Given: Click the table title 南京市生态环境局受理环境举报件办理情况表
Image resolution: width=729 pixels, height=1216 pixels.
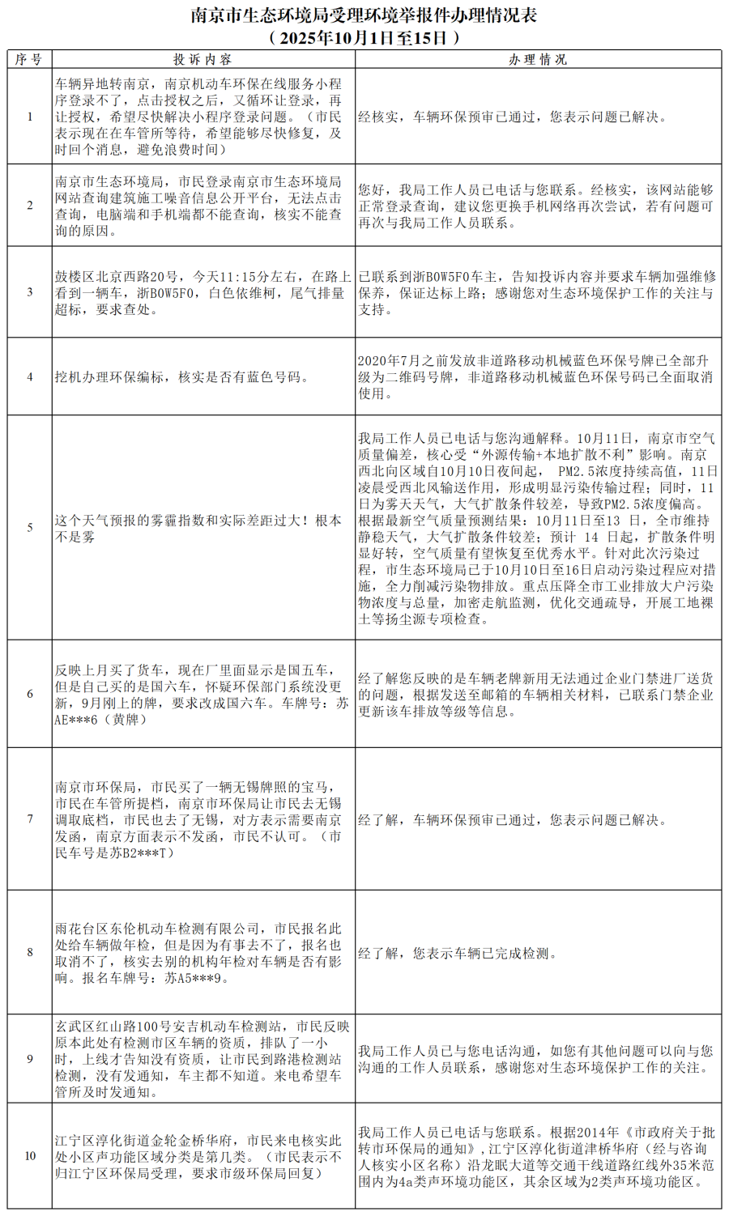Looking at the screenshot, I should coord(364,15).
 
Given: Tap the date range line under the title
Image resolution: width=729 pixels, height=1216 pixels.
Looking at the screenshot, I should coord(364,37).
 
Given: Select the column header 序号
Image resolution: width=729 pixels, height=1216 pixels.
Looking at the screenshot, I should coord(29,59).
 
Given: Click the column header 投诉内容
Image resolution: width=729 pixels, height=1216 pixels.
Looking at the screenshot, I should coord(202,59).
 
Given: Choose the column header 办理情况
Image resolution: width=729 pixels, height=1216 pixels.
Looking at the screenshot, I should coord(538,59).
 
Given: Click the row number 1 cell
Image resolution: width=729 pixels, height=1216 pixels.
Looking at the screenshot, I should coord(30,117).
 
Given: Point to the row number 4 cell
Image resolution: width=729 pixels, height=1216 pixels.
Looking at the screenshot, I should coord(30,376).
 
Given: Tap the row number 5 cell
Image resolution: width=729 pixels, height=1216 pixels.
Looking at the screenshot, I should coord(30,528).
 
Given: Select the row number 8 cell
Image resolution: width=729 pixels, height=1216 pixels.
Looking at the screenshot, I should coord(30,952).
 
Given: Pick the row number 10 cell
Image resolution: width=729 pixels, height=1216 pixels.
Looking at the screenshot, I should coord(30,1156).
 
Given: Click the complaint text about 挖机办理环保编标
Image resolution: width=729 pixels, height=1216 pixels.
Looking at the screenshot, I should coord(181,376).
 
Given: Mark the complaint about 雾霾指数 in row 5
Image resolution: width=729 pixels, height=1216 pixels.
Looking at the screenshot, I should coord(198,528).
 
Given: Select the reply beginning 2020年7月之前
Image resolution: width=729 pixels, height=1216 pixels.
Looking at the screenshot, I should coord(535,376).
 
